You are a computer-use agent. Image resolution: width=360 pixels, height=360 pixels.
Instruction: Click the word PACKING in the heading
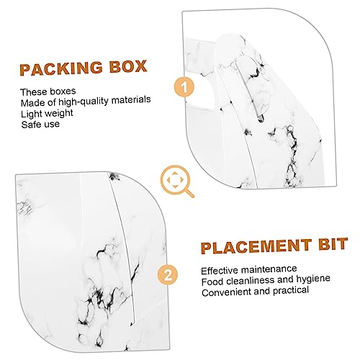tap(61, 68)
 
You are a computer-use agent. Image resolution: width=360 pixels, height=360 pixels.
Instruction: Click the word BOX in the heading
tap(128, 66)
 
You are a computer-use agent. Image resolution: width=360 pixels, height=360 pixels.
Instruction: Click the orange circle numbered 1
tap(184, 87)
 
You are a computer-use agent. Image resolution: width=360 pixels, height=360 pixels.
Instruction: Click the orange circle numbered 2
tap(168, 274)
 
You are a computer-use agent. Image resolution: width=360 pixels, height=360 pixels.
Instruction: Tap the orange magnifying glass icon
tap(177, 181)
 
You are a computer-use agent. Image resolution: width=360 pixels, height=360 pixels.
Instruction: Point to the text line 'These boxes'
tap(48, 91)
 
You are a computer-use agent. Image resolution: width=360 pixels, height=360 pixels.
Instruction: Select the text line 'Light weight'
tap(47, 113)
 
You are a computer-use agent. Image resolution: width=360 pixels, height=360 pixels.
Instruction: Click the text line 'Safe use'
tap(40, 125)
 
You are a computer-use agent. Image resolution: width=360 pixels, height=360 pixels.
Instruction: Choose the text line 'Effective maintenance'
tap(249, 270)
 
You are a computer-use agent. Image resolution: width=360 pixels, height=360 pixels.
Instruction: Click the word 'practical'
tap(291, 291)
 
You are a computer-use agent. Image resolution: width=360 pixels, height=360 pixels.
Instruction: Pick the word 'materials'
tap(131, 99)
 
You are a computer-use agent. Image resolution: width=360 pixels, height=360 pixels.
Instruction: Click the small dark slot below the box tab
tap(261, 118)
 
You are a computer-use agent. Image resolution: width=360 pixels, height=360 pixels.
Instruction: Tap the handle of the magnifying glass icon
tap(189, 193)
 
